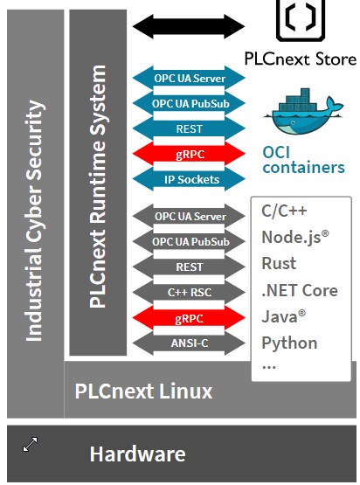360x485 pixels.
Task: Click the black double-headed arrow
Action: tap(189, 26)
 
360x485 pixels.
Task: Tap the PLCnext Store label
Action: tap(301, 59)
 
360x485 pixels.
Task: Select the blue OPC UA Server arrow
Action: tap(189, 78)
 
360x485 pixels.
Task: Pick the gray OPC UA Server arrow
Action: tap(189, 216)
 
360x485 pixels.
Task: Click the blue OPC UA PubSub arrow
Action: tap(189, 103)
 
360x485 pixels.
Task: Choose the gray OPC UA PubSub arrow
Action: tap(189, 241)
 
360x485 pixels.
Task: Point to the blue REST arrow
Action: tap(189, 128)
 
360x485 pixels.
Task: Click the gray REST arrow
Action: tap(189, 267)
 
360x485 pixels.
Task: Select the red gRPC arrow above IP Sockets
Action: tap(189, 154)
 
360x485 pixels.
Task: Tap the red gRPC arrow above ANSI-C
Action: tap(189, 318)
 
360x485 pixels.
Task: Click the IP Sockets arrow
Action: tap(189, 179)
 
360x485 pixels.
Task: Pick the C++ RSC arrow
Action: tap(189, 292)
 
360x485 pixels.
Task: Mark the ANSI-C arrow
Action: tap(189, 343)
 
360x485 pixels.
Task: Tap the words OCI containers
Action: tap(303, 160)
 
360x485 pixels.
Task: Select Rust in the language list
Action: tap(279, 264)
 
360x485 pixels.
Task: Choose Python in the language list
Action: tap(289, 343)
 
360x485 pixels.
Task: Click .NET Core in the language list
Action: tap(300, 290)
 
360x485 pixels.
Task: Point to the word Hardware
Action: tap(138, 454)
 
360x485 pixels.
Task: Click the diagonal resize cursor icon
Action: tap(31, 444)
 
